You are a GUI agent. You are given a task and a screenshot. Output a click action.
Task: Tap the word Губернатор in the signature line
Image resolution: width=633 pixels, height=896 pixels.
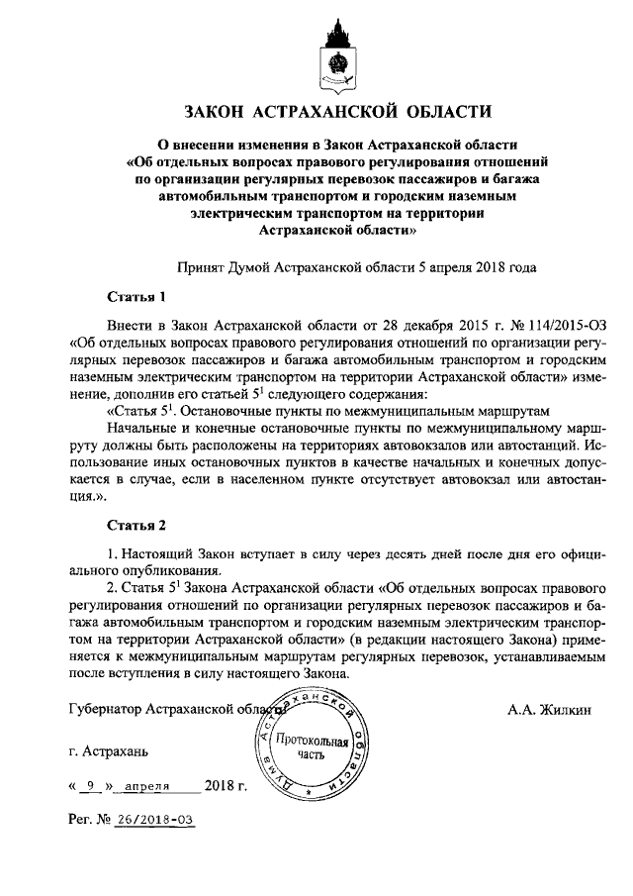point(105,710)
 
